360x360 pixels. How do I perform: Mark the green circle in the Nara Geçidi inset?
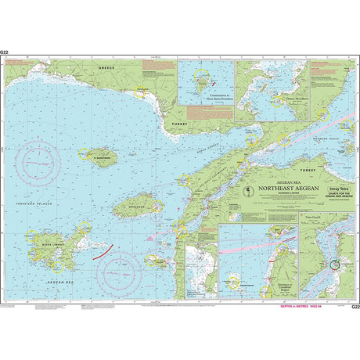coord(334,265)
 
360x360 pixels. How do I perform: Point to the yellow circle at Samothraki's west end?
coord(87,156)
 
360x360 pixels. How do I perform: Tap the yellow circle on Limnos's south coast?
coord(56,267)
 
